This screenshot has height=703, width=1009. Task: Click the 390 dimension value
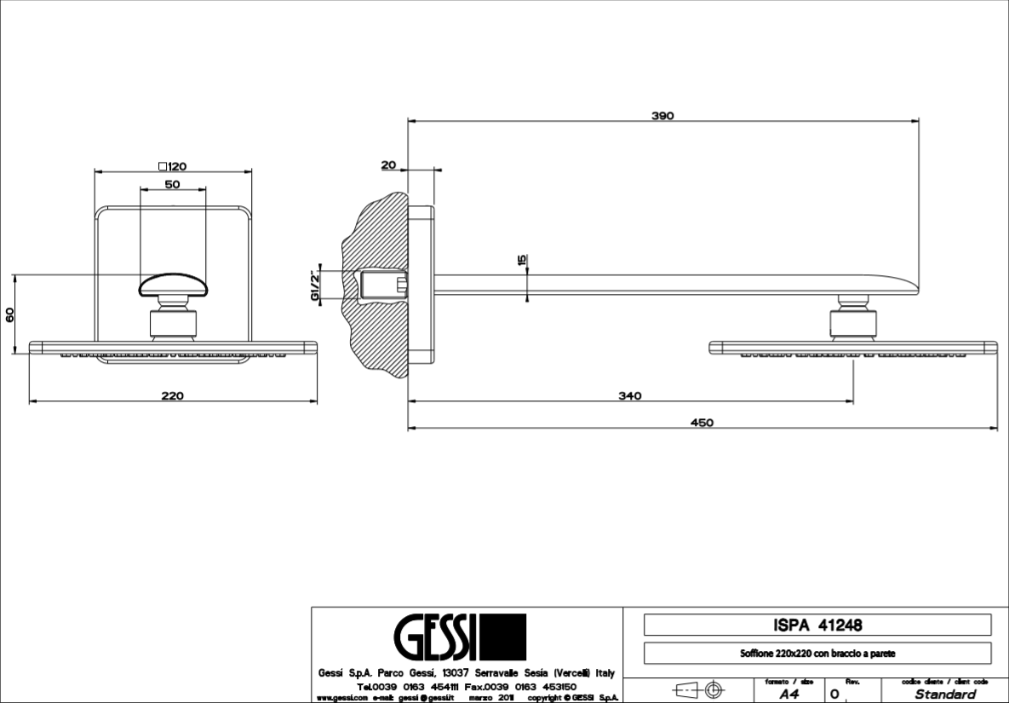point(662,116)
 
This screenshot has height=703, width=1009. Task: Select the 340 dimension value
point(630,395)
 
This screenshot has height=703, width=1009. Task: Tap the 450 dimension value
point(702,423)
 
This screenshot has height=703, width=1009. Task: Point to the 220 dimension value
point(173,395)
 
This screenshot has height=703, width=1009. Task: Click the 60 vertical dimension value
point(9,313)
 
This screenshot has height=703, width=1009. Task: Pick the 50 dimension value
point(172,184)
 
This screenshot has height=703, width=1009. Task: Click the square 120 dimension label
point(172,166)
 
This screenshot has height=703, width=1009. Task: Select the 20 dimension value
point(388,165)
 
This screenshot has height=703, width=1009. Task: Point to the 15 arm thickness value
point(522,261)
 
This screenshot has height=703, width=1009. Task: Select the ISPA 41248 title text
point(817,625)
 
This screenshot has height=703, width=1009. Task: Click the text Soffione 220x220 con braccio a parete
point(817,654)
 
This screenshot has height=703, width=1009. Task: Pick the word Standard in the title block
point(945,694)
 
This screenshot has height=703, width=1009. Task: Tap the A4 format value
point(788,694)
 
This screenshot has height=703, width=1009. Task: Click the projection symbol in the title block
point(698,689)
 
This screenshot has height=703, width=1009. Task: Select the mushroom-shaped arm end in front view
point(173,284)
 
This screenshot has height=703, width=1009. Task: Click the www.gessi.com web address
point(341,698)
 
